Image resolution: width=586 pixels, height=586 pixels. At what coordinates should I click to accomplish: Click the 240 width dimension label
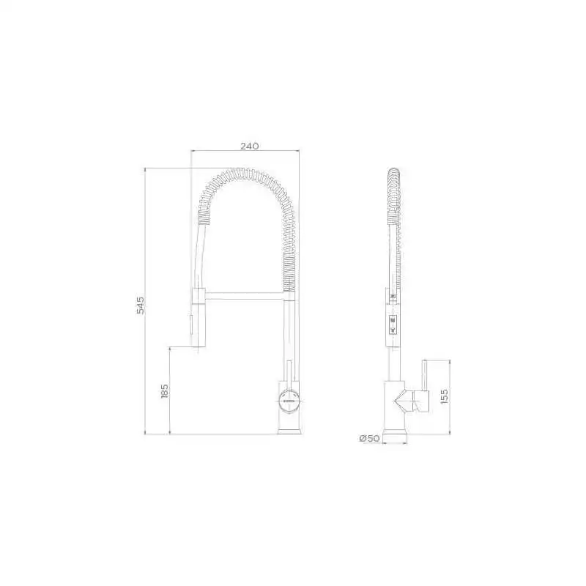[x=249, y=146]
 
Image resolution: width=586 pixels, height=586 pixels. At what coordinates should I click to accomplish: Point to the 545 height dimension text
[x=140, y=305]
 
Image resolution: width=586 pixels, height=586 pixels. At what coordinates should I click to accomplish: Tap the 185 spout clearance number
[x=165, y=391]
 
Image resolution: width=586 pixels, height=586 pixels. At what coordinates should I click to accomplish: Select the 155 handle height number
[x=444, y=396]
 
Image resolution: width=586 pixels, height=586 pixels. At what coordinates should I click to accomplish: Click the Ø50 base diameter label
[x=369, y=438]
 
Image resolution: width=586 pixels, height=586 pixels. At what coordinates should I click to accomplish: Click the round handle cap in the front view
[x=288, y=400]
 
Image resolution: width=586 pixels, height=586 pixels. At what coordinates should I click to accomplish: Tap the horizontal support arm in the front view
[x=245, y=296]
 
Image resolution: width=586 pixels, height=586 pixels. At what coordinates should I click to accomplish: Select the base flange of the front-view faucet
[x=289, y=431]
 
